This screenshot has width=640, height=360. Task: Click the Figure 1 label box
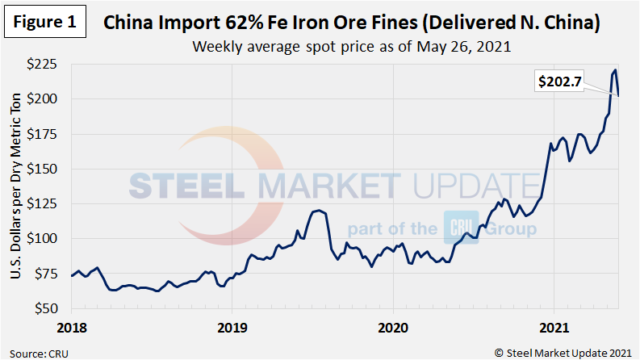(x=44, y=21)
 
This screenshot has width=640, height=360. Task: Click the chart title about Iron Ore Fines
(x=352, y=23)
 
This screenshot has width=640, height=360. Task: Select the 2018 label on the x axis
(x=72, y=328)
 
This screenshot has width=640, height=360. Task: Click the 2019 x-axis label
(x=232, y=328)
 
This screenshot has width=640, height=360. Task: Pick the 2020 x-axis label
(x=392, y=328)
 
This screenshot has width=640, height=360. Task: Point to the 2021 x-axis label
(x=553, y=328)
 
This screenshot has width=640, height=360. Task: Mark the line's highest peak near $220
(x=615, y=70)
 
